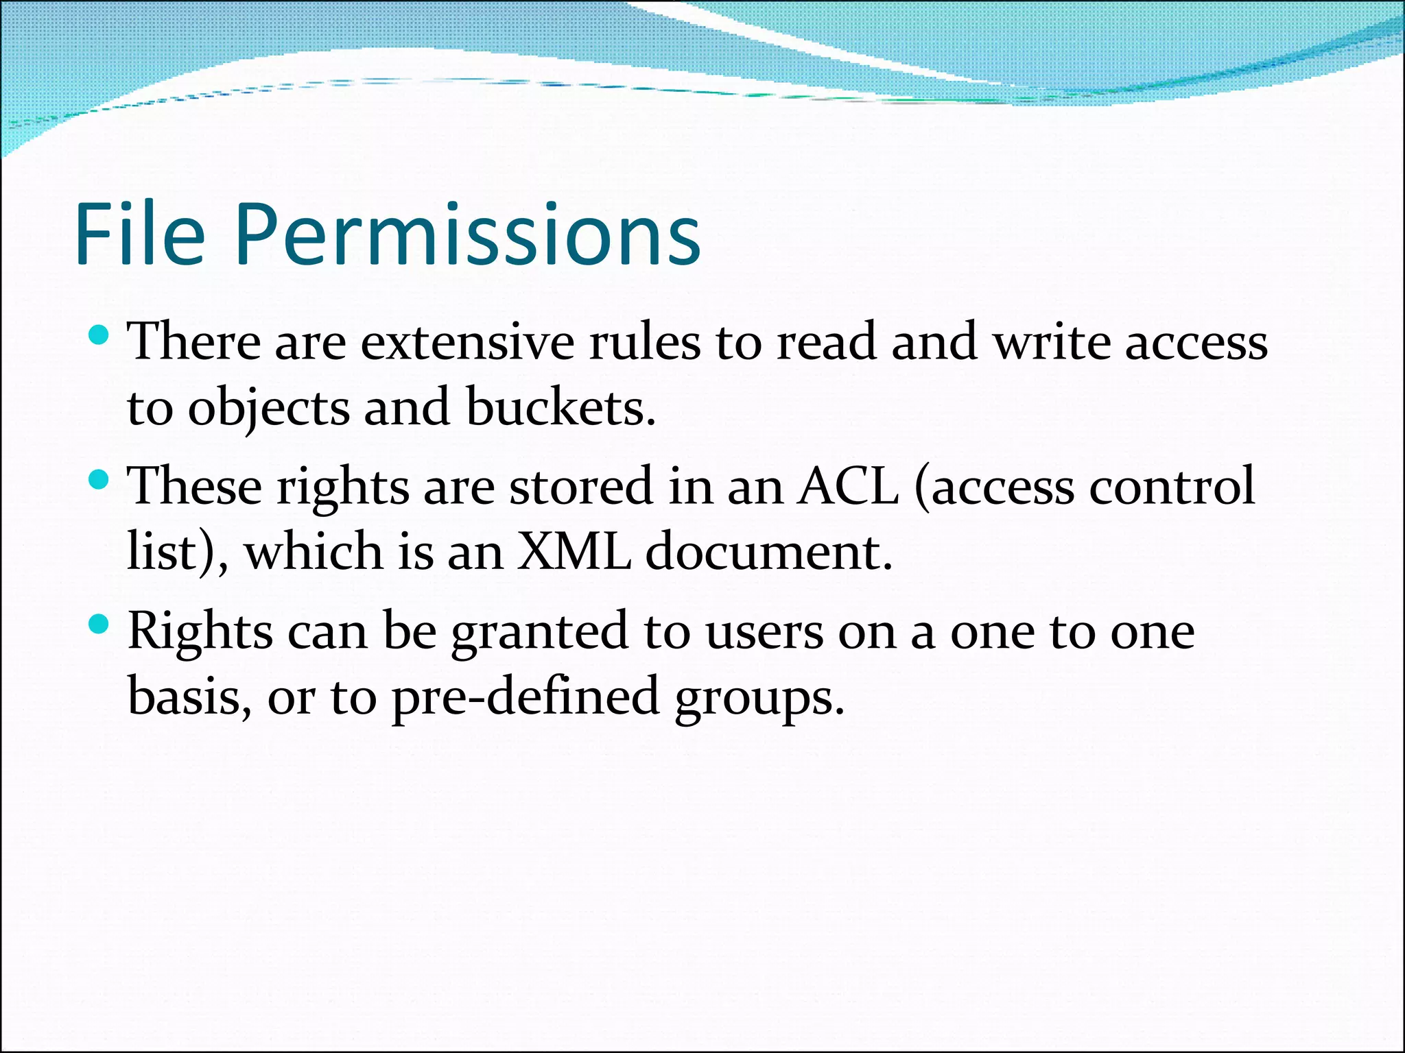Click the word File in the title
coord(140,234)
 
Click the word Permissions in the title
coord(468,234)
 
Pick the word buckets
coord(560,407)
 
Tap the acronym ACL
coord(848,486)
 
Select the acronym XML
coord(574,552)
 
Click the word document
coord(768,552)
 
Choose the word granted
coord(539,631)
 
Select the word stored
coord(581,486)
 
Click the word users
coord(764,633)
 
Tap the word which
coord(314,552)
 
